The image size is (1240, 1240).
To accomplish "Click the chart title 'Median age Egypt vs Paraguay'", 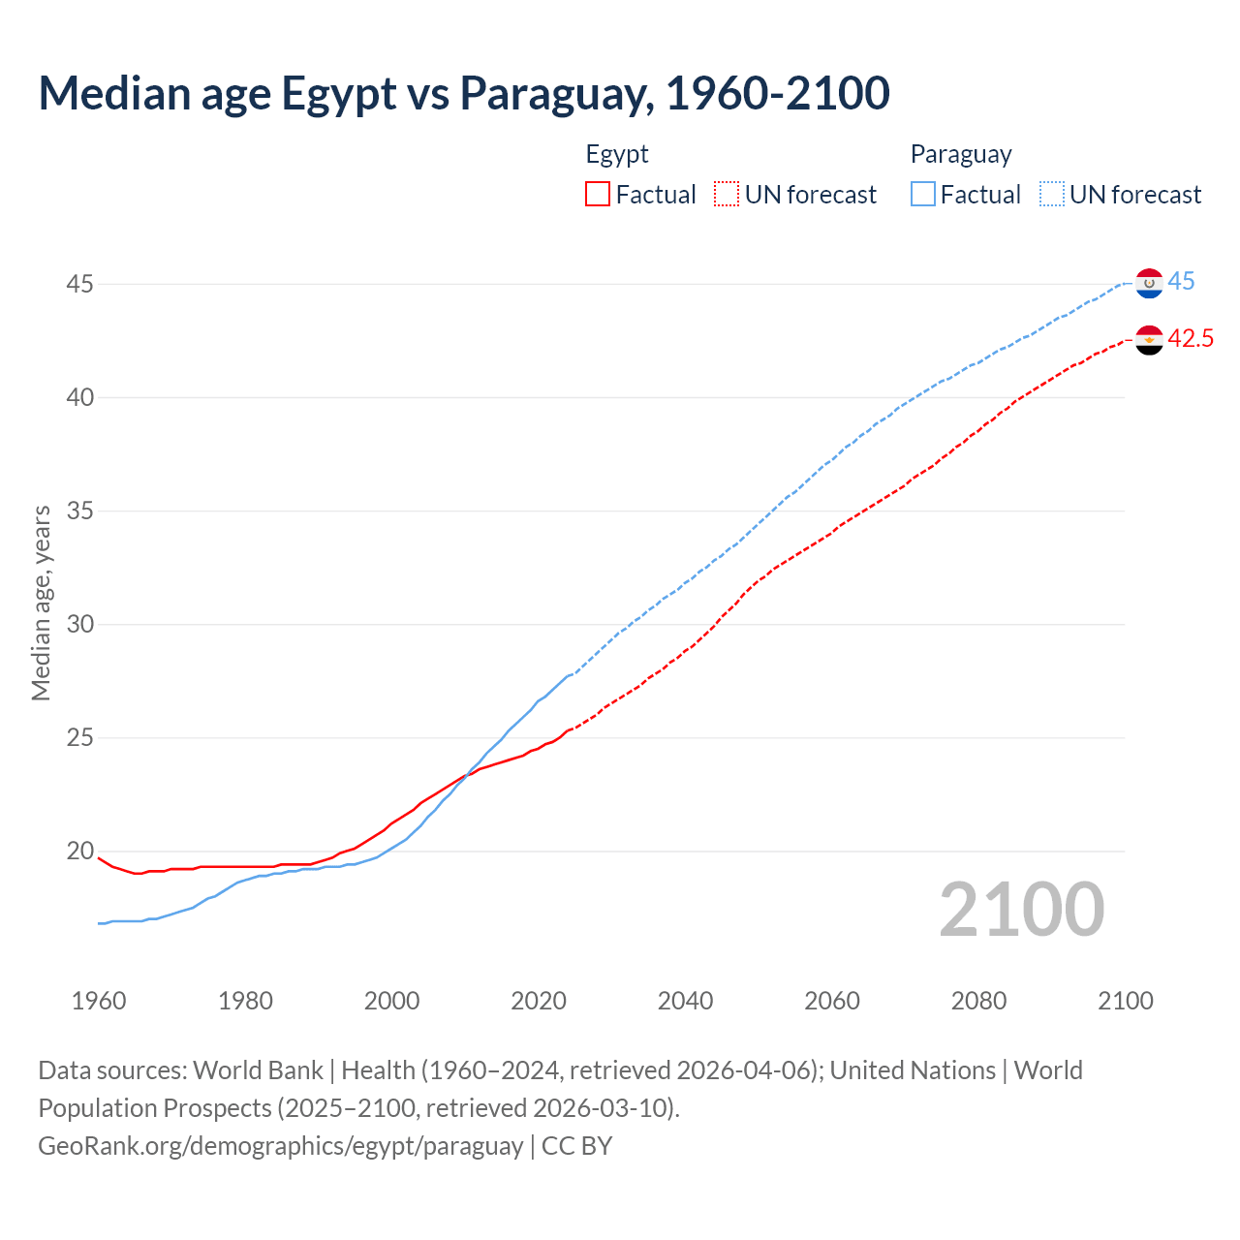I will tap(463, 93).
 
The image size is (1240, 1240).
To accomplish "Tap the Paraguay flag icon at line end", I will tap(1149, 283).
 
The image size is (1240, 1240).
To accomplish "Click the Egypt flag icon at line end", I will tap(1149, 340).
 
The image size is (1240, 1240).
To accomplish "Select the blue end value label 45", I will tap(1181, 282).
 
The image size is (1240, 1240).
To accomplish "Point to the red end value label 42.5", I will tap(1190, 339).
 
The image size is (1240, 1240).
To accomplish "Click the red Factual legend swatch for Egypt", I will tap(598, 195).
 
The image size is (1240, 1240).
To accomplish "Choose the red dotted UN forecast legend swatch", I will tap(727, 195).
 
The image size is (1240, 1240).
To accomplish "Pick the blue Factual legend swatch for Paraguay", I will tap(923, 195).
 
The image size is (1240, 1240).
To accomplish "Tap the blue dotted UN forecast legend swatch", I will tap(1052, 195).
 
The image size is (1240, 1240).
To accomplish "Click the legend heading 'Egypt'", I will tap(617, 155).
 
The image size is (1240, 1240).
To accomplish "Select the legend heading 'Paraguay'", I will tap(961, 155).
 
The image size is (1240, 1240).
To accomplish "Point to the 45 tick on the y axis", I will tap(79, 285).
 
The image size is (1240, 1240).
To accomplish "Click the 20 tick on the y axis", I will tap(79, 852).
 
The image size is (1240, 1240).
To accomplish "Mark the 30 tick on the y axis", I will tap(79, 625).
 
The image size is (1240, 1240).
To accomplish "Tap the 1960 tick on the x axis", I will tap(99, 1001).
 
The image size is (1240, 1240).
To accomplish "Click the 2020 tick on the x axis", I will tap(539, 1001).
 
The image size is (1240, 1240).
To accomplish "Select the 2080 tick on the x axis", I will tap(978, 1001).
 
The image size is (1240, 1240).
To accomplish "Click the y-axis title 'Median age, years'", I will tap(41, 603).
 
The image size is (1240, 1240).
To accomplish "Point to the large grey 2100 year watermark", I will tap(1022, 910).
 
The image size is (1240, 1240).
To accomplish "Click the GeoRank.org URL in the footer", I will tap(280, 1146).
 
